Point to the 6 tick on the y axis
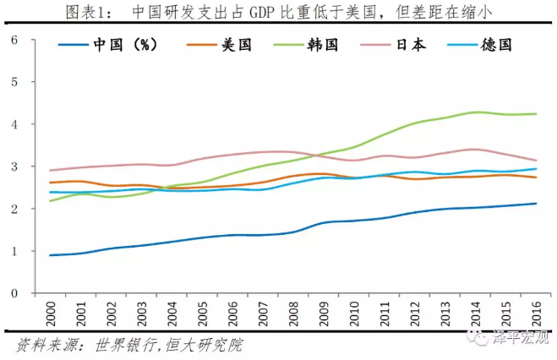tap(14, 40)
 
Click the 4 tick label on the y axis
tap(14, 124)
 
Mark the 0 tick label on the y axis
tap(14, 293)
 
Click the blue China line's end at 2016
tap(537, 203)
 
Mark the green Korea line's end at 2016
tap(537, 114)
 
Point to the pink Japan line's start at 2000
tap(50, 171)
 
